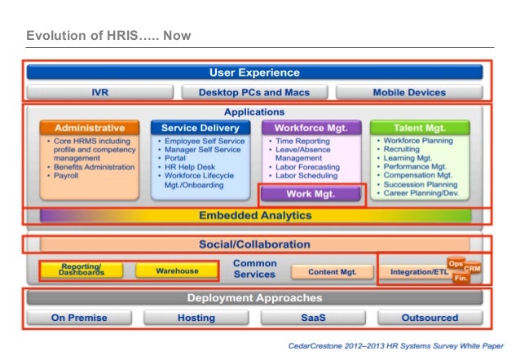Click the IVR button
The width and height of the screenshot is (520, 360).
tap(99, 92)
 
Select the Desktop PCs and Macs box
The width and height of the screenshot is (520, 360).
tap(253, 92)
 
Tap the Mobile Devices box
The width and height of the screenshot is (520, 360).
tap(408, 92)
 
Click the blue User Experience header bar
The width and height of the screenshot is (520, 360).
tap(254, 73)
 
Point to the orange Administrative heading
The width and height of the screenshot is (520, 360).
tap(90, 128)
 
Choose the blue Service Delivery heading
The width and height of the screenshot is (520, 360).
tap(200, 128)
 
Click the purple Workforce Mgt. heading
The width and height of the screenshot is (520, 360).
tap(311, 128)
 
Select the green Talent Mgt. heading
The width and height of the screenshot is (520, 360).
tap(420, 128)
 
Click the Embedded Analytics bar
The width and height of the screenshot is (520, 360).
tap(255, 216)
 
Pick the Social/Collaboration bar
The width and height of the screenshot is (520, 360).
tap(255, 244)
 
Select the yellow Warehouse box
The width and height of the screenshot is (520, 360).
tap(177, 270)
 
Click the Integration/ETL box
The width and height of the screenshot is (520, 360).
tap(416, 271)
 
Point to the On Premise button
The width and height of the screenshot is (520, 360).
tap(79, 317)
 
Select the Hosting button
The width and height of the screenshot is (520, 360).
tap(196, 317)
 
